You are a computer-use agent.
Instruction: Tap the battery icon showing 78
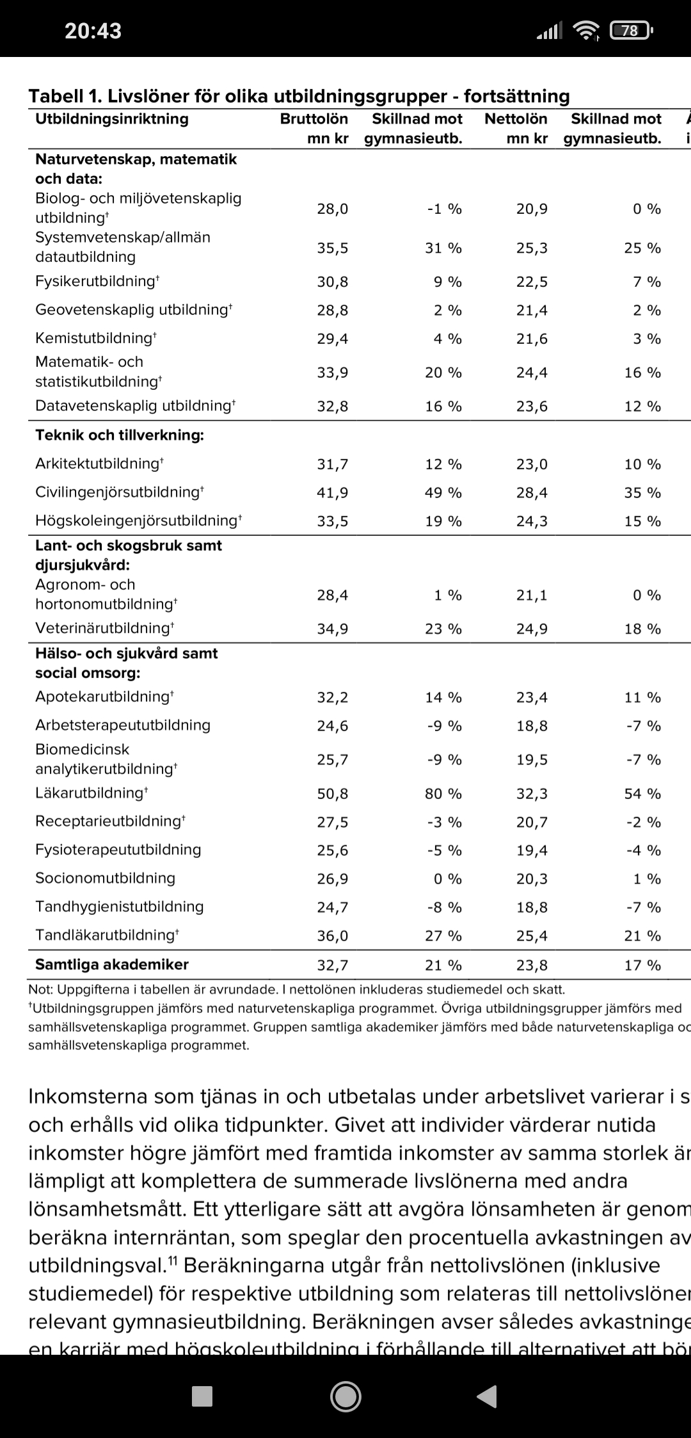pyautogui.click(x=631, y=30)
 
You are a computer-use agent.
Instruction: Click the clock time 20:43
pyautogui.click(x=93, y=30)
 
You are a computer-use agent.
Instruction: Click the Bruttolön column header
pyautogui.click(x=314, y=119)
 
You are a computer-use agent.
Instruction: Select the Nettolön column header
pyautogui.click(x=516, y=119)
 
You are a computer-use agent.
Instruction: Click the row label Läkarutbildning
pyautogui.click(x=91, y=793)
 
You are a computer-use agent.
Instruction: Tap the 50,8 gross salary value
pyautogui.click(x=333, y=794)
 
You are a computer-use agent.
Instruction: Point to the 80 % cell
pyautogui.click(x=443, y=794)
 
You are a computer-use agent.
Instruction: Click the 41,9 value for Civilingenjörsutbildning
pyautogui.click(x=333, y=493)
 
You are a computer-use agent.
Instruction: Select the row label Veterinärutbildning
pyautogui.click(x=104, y=628)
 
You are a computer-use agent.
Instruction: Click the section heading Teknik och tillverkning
pyautogui.click(x=120, y=435)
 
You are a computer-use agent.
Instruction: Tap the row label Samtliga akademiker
pyautogui.click(x=112, y=964)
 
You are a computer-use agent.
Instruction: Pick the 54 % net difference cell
pyautogui.click(x=642, y=794)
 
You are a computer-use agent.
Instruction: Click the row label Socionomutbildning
pyautogui.click(x=105, y=878)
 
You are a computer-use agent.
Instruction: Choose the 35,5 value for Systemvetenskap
pyautogui.click(x=333, y=248)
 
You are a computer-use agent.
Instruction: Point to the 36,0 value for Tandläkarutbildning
pyautogui.click(x=333, y=936)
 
